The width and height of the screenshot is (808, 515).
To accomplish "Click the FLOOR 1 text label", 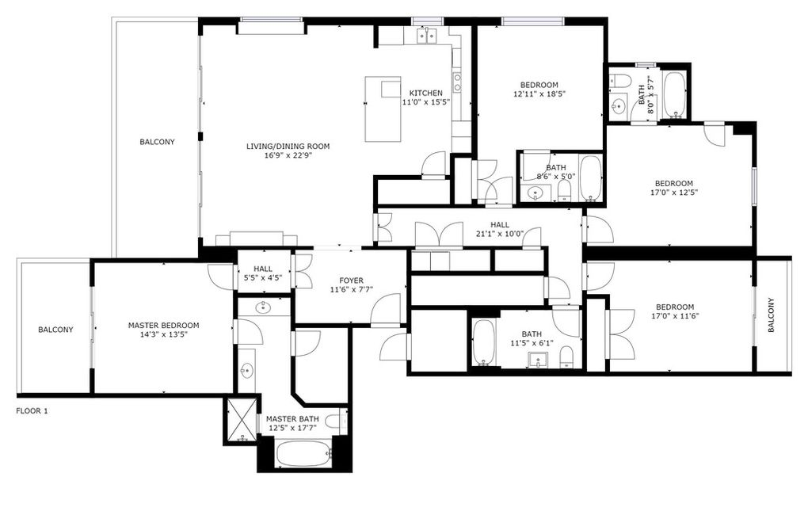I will (32, 411).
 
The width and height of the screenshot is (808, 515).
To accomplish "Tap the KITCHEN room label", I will (425, 93).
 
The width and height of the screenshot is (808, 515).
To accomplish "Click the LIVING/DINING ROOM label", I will (288, 146).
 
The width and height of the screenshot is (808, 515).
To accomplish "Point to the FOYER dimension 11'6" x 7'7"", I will (351, 290).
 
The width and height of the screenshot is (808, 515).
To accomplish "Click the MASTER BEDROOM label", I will (163, 325).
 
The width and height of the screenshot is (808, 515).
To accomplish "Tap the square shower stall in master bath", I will (238, 420).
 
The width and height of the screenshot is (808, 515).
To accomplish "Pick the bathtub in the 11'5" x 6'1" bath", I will (484, 342).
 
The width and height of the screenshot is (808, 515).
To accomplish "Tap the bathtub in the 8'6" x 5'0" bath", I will (590, 178).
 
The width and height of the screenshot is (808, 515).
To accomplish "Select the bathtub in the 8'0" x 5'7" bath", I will (675, 94).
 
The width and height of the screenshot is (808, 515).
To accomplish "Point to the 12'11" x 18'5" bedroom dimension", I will (539, 93).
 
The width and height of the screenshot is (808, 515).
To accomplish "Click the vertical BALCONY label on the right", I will (772, 315).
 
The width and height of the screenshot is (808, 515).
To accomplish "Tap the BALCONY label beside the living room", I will (157, 143).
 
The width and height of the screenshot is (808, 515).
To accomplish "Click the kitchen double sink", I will (427, 35).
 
